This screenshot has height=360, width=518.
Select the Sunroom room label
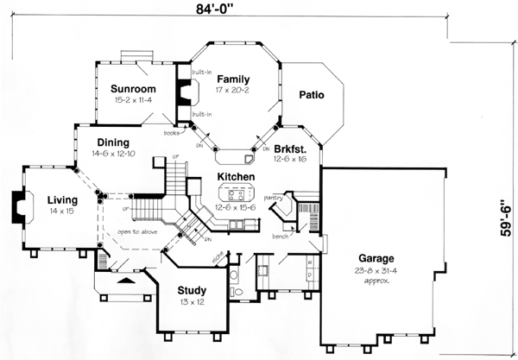coord(133,89)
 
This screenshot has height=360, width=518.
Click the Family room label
coord(233,78)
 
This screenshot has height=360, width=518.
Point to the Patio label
coord(311,95)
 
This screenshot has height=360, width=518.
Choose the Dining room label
coord(113,142)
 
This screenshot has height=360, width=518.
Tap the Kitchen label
coord(236,176)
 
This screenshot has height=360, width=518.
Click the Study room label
coord(191,290)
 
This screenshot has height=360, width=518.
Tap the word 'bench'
coord(279,235)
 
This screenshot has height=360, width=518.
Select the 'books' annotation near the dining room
coord(173,133)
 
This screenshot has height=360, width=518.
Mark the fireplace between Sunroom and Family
coord(183,93)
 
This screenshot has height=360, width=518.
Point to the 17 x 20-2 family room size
coord(233,89)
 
